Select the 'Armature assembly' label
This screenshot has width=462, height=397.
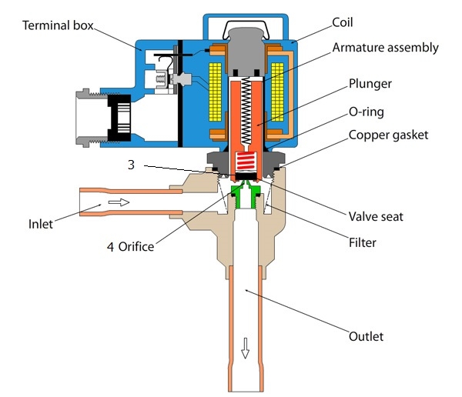(385, 48)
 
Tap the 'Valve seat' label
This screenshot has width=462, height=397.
(376, 217)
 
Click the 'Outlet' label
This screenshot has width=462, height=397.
(365, 336)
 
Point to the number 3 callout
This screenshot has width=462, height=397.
(132, 165)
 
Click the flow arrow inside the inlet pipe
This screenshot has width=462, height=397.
(119, 203)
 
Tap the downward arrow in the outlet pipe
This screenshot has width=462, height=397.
(246, 349)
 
